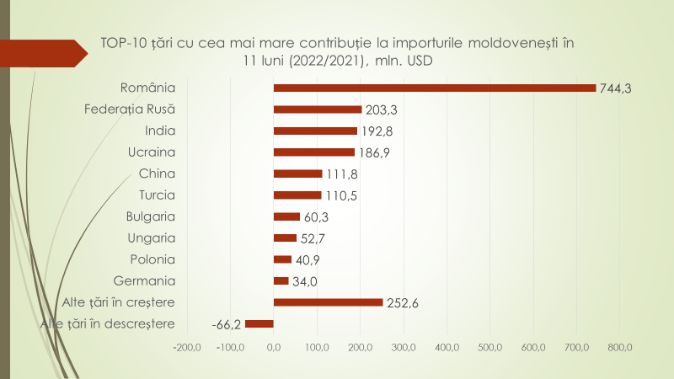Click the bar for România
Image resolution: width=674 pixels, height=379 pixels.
click(x=435, y=88)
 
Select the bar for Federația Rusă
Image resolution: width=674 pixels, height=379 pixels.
click(x=318, y=109)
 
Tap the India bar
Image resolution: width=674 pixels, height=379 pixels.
click(x=315, y=131)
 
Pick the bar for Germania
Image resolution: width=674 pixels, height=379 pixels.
click(x=281, y=280)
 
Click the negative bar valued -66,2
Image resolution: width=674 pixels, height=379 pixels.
click(x=259, y=323)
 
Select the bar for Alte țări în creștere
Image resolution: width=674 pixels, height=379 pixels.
click(x=329, y=302)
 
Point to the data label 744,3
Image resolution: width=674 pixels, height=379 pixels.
click(x=615, y=88)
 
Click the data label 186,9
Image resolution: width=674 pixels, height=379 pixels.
click(x=373, y=152)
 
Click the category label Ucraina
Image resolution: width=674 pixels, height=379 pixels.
click(x=152, y=152)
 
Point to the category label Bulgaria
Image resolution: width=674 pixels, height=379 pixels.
click(x=150, y=216)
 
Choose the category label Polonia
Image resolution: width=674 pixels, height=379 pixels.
click(x=152, y=259)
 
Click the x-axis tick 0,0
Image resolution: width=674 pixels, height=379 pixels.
click(x=274, y=347)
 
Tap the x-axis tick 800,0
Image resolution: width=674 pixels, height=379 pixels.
click(x=619, y=347)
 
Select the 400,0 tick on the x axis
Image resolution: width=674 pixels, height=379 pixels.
click(x=447, y=347)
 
